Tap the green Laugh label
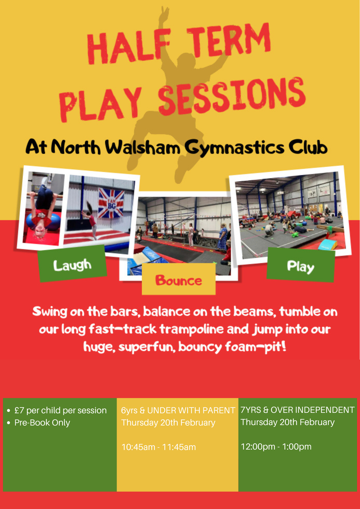72,265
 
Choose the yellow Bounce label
179,281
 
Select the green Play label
301,267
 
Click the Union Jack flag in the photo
111,203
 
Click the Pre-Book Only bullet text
42,422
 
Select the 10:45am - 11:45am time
159,447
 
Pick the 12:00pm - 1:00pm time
276,446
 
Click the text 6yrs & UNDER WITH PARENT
178,410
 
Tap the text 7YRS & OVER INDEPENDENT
297,410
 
